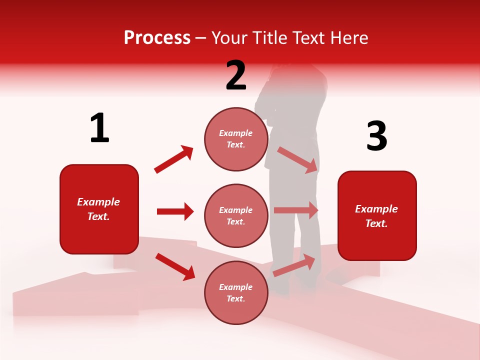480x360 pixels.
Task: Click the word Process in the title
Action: [x=157, y=38]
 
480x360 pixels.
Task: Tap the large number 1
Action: [x=99, y=128]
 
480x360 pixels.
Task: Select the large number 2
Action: [x=236, y=75]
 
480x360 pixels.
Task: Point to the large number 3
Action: [x=376, y=136]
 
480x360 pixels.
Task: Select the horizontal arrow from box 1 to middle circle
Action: [x=175, y=211]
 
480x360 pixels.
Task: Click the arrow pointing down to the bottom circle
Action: [x=175, y=266]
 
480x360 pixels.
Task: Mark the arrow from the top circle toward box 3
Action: [x=297, y=159]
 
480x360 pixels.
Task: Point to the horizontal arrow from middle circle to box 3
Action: [x=296, y=210]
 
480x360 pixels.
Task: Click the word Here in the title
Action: [x=350, y=38]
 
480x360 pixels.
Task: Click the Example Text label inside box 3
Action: [x=376, y=216]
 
